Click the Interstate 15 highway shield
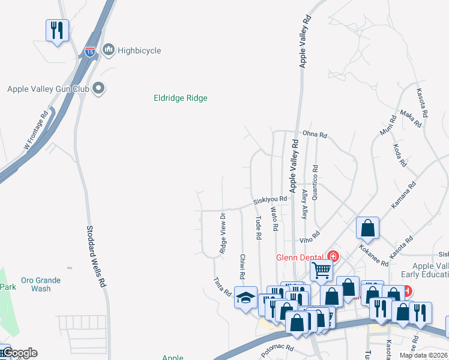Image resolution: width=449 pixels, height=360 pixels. [x=89, y=52]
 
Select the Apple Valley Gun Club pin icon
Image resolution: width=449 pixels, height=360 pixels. [x=100, y=89]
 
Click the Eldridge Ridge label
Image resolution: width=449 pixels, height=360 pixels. [x=181, y=98]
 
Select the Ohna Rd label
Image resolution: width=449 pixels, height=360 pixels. [x=315, y=135]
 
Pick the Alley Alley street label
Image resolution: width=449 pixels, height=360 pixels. [x=304, y=203]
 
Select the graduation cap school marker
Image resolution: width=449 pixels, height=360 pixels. [x=246, y=298]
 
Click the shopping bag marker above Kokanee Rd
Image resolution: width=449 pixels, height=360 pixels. [x=367, y=227]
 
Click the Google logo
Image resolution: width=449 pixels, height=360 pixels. [x=19, y=353]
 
